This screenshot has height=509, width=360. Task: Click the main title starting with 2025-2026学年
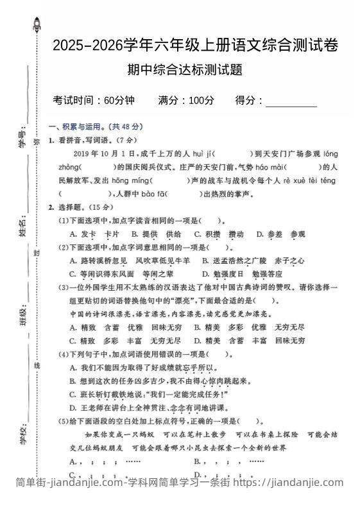(195, 46)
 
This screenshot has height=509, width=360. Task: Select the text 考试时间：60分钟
(94, 100)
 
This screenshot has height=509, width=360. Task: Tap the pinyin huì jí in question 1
(198, 154)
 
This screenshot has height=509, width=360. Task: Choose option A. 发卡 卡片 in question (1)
(94, 234)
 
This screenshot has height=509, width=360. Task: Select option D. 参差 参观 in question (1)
(280, 234)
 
